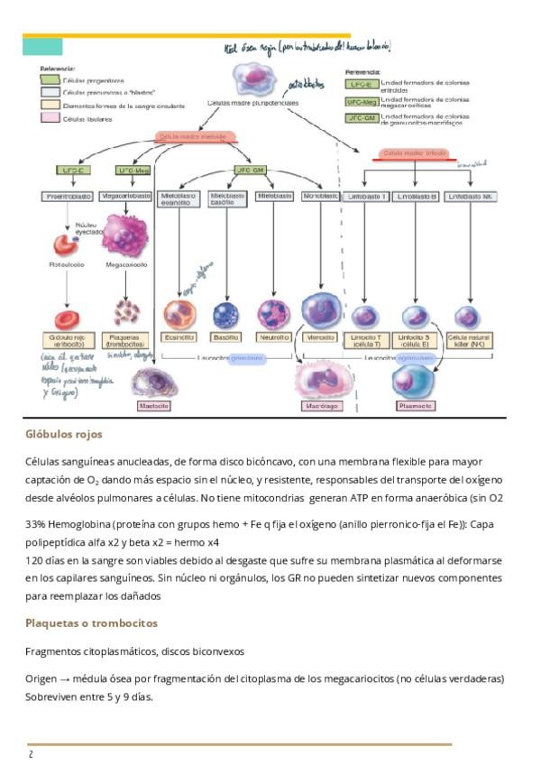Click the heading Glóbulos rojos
click(x=63, y=435)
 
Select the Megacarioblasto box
click(x=128, y=196)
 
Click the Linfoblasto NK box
click(x=470, y=196)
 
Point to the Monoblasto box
click(x=321, y=196)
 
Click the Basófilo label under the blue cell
click(x=225, y=336)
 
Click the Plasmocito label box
click(x=415, y=406)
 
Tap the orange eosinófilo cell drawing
click(x=179, y=314)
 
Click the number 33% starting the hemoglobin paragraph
click(x=36, y=523)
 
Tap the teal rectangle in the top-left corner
click(x=41, y=47)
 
